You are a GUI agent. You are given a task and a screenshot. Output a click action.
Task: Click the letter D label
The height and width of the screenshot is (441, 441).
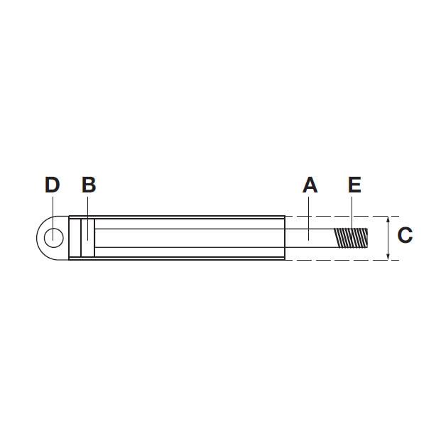53,185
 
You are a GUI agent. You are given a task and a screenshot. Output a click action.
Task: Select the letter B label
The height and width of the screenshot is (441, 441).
89,185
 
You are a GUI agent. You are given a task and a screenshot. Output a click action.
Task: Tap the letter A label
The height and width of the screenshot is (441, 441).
310,185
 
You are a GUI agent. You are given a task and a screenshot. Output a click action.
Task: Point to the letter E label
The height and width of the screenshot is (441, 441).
354,185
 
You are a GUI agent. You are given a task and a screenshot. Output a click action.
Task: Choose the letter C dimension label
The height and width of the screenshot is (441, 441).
405,235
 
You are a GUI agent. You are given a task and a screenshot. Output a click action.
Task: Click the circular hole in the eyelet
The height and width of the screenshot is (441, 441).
54,238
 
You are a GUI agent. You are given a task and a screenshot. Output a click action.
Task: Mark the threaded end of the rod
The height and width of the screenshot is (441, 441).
351,238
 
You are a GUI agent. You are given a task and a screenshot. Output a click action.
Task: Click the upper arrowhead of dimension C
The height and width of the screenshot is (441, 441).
388,219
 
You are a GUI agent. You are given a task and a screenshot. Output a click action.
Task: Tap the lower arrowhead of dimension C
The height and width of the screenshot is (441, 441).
388,256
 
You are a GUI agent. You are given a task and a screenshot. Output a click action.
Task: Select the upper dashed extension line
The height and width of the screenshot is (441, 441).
342,217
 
